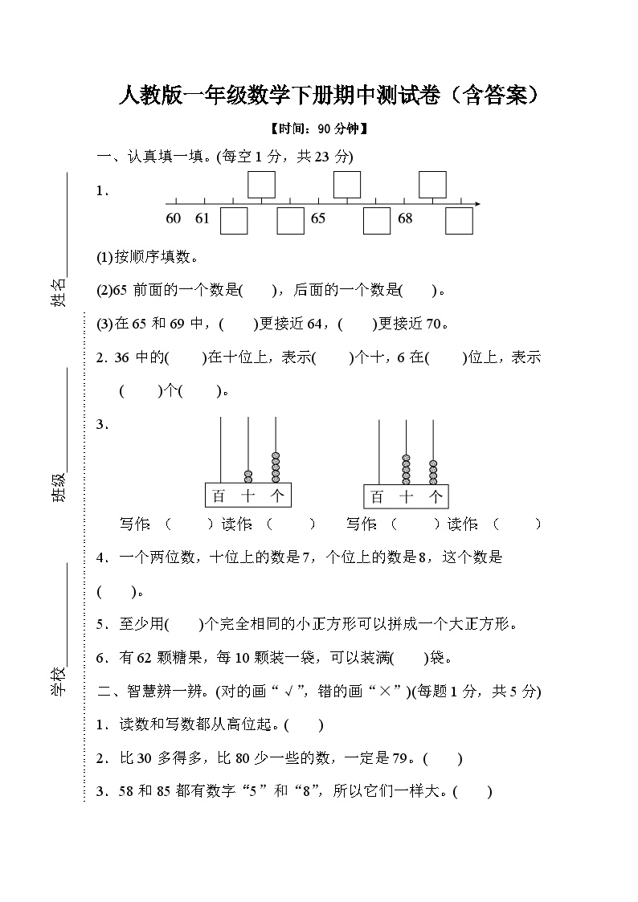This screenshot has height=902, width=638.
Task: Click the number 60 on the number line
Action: (x=174, y=218)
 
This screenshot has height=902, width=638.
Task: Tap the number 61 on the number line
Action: (x=202, y=218)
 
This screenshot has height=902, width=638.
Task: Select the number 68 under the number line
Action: (x=405, y=218)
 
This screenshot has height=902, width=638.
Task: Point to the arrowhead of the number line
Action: (x=476, y=204)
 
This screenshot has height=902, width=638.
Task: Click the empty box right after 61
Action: (x=234, y=221)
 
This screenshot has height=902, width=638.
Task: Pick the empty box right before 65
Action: (x=291, y=221)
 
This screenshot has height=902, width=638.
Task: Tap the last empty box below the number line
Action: (x=460, y=221)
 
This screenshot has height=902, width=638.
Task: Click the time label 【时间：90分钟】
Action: (x=319, y=129)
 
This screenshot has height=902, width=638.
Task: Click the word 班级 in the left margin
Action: (x=59, y=487)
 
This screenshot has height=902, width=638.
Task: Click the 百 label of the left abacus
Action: (x=219, y=496)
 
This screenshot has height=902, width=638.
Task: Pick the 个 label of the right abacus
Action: (x=436, y=497)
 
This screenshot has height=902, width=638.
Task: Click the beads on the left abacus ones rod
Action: (x=276, y=467)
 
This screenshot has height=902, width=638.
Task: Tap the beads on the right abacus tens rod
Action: (x=407, y=470)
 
